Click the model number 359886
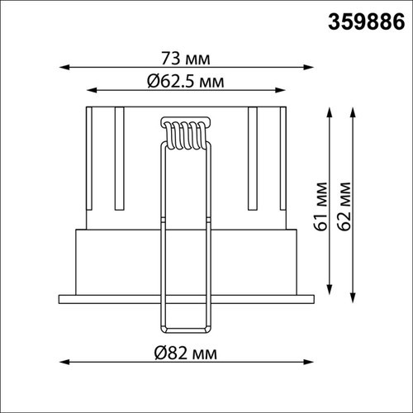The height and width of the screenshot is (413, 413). pos(367,21)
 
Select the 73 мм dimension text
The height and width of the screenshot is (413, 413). pos(186,59)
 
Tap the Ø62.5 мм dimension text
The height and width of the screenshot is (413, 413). pos(186,82)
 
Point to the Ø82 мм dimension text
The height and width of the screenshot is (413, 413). pos(186,354)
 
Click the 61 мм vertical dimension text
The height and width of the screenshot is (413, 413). pos(321,206)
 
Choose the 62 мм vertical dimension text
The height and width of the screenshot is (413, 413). pos(344,206)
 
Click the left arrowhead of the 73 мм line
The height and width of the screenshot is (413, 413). pos(64,67)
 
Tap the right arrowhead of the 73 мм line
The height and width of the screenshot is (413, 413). pos(308,67)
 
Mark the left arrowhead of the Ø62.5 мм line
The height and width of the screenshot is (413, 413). pos(92,90)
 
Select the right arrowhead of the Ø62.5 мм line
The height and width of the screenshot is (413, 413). pos(280,90)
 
